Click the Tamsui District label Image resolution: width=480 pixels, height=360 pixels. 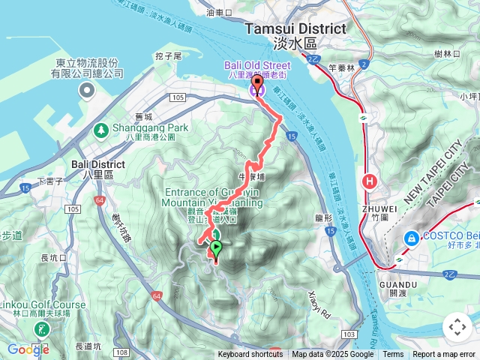point(296,28)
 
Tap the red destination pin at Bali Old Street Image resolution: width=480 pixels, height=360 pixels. point(257,84)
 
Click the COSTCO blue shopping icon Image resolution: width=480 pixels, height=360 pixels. point(411,238)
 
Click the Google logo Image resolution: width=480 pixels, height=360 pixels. point(28,349)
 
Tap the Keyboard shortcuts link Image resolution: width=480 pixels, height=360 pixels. point(250,355)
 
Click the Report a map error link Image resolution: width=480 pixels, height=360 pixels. point(444,355)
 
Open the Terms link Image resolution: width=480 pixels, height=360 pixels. point(393,355)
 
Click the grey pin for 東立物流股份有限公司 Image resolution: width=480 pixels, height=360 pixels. point(86,91)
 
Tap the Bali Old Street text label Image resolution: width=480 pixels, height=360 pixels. point(257,66)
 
